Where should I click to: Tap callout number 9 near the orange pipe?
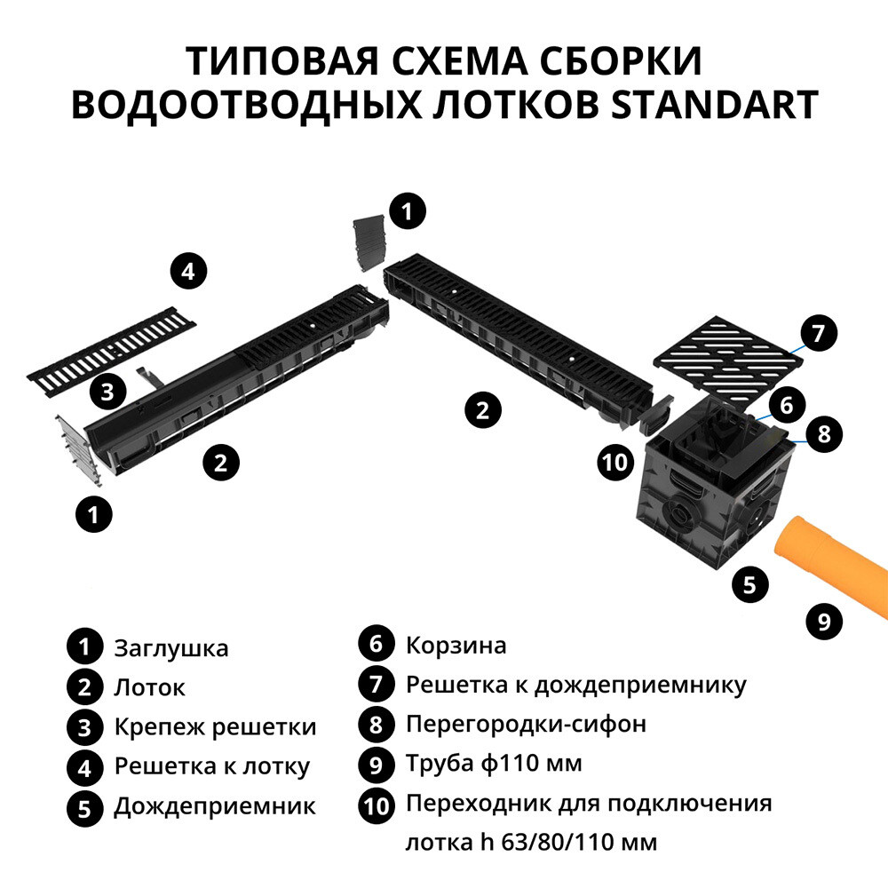[824, 620]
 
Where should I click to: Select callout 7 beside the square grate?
[818, 334]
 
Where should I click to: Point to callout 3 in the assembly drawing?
[107, 392]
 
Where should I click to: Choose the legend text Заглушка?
[171, 648]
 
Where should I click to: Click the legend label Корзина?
[456, 645]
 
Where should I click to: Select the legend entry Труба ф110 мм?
[494, 763]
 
